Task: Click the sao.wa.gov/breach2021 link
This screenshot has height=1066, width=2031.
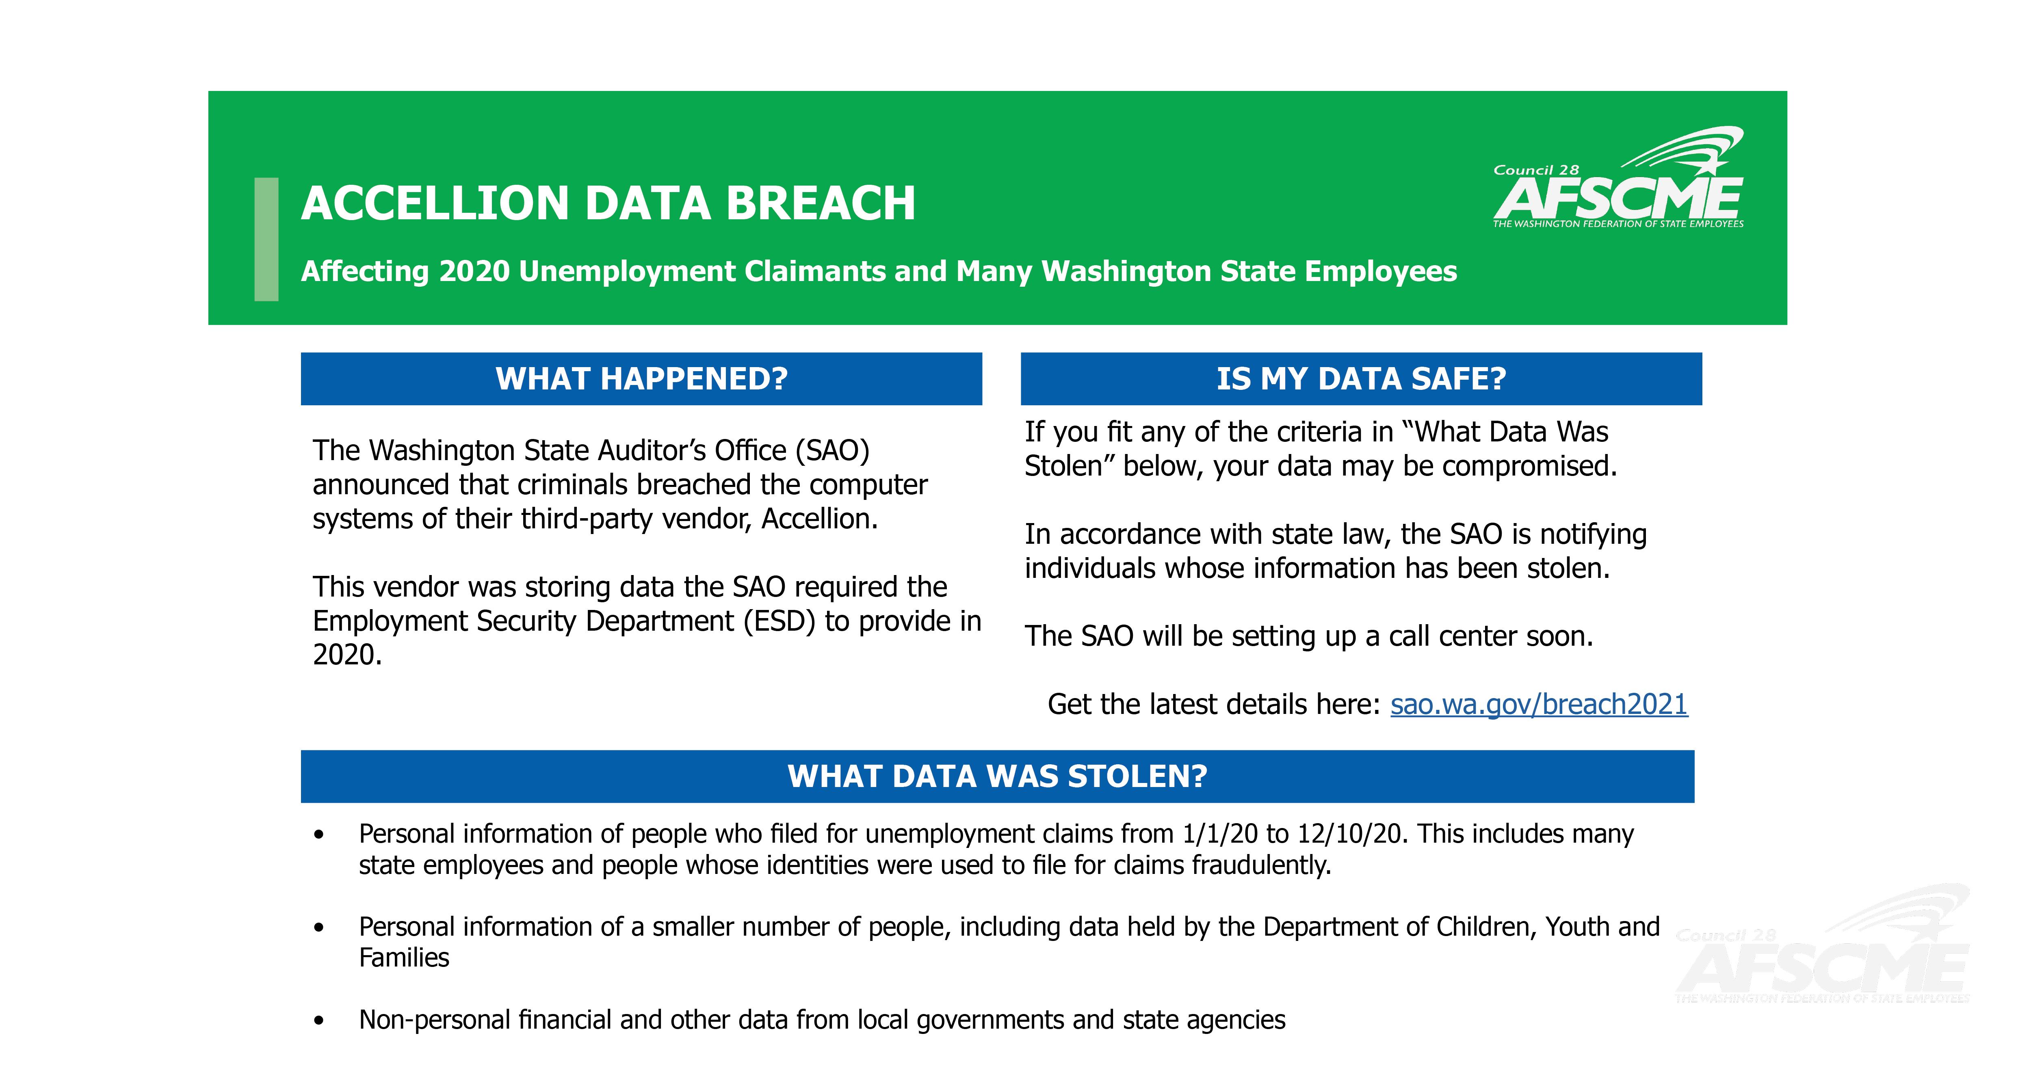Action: point(1538,704)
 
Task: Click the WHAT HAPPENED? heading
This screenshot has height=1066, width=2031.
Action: point(641,379)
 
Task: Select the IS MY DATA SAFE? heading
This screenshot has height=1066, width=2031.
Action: point(1361,379)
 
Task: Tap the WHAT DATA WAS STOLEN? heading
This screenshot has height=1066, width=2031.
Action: point(997,776)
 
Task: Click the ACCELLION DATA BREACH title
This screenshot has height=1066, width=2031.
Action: point(608,203)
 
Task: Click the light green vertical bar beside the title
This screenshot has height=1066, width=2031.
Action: point(266,239)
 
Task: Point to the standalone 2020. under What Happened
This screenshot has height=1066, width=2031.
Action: point(347,655)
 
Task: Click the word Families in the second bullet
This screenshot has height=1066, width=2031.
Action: point(404,958)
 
